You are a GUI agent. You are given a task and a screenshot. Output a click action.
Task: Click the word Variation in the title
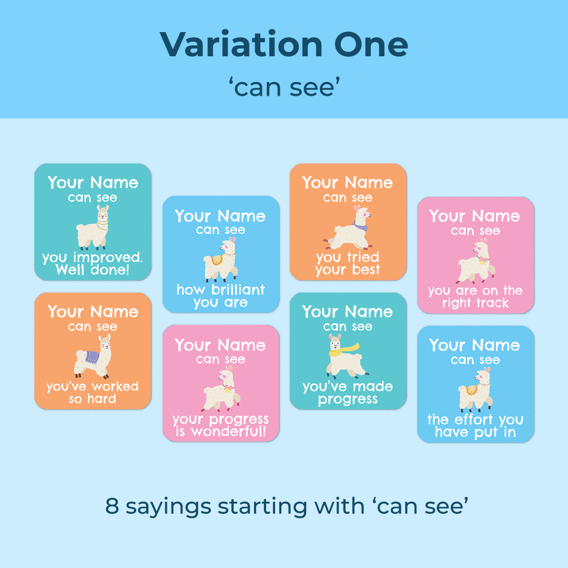tap(241, 44)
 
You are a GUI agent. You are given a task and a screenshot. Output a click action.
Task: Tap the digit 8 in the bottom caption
tap(112, 506)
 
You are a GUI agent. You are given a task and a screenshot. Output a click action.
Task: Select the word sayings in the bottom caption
tap(168, 508)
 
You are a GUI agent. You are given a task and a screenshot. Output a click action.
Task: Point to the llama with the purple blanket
tap(93, 357)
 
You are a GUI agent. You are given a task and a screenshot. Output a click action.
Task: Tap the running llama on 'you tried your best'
tap(348, 228)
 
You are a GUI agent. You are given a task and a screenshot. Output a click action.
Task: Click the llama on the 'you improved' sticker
tap(93, 228)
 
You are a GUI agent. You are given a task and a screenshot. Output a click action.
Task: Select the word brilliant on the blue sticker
tap(238, 289)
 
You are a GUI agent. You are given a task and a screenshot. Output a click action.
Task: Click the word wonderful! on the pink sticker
tap(229, 431)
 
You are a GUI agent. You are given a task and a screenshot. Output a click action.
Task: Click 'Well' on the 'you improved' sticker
tap(70, 269)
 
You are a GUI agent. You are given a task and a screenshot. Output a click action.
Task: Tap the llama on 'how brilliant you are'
tap(220, 260)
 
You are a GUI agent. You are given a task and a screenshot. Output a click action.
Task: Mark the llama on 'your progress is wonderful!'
tap(220, 389)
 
